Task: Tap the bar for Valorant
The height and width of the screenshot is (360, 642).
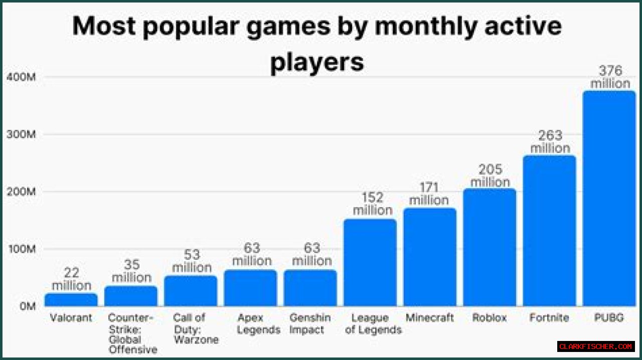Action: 71,300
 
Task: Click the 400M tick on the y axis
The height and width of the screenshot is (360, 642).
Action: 21,78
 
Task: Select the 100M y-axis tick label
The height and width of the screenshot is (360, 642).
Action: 21,249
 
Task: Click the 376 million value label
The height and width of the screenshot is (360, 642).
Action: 610,77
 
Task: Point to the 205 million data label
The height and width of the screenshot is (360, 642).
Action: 490,175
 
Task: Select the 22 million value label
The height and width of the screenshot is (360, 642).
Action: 71,279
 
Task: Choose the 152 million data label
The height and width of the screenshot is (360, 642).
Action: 372,204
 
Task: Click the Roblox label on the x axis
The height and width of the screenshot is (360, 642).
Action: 490,318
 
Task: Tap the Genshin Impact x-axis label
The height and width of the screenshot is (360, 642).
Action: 310,324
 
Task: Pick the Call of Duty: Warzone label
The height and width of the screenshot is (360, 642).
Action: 195,328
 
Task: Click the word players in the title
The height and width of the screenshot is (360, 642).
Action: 317,63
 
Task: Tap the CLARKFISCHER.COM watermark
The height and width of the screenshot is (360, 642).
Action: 595,346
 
